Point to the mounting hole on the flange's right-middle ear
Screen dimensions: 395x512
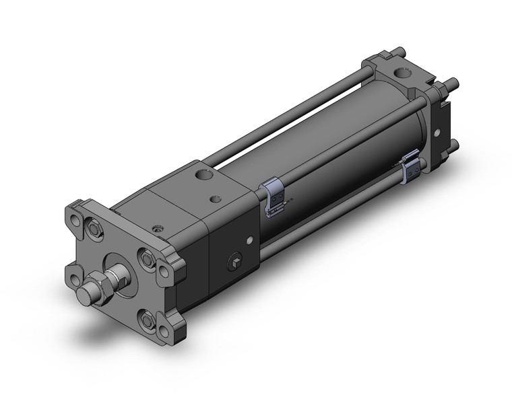(164, 271)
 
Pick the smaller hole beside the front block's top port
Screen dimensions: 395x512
(216, 198)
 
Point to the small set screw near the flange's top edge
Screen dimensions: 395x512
(158, 230)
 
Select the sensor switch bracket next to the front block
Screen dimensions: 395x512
(272, 196)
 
